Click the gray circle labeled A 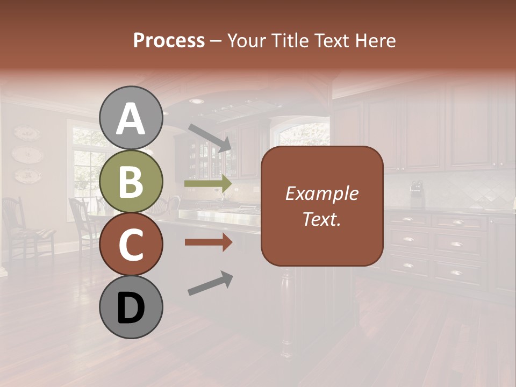click(131, 118)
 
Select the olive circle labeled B click(131, 182)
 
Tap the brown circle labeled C click(131, 245)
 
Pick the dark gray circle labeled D click(131, 307)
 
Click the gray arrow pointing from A click(210, 138)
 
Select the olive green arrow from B click(209, 184)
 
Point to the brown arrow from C click(209, 242)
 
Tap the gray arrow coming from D click(210, 283)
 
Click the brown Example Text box click(322, 206)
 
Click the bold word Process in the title click(169, 40)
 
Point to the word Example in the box click(322, 193)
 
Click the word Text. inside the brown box click(322, 219)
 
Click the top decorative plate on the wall click(26, 133)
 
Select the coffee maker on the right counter click(417, 194)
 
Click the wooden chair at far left click(21, 226)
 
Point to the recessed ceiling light click(197, 101)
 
